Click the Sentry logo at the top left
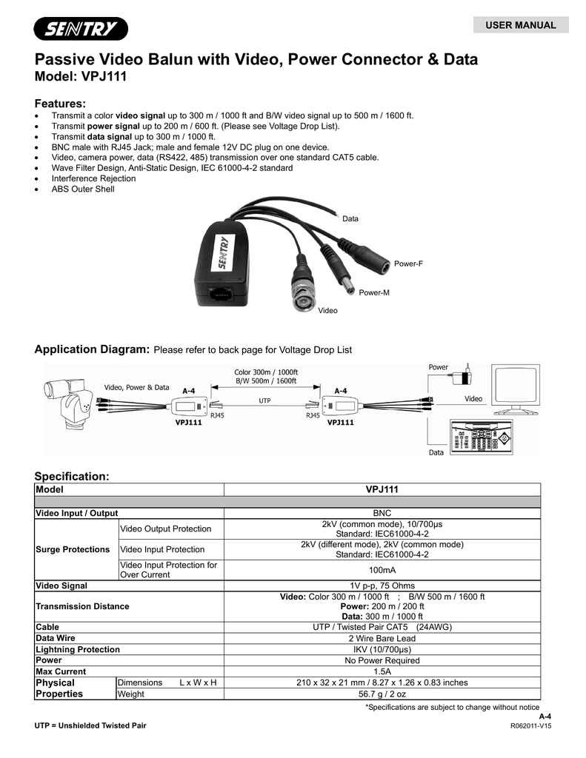tap(80, 29)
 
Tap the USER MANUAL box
tap(520, 25)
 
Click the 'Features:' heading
tap(61, 103)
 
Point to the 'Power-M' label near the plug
tap(374, 293)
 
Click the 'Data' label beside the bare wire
tap(350, 219)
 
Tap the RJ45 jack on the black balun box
tap(219, 292)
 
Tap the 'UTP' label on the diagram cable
tap(264, 400)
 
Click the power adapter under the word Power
tap(466, 375)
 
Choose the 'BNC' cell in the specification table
tap(382, 513)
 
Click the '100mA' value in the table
tap(382, 571)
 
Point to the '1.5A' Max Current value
tap(382, 671)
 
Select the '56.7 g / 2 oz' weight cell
tap(382, 694)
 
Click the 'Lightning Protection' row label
tap(78, 649)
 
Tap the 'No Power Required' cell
tap(382, 660)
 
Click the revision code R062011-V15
tap(531, 726)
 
